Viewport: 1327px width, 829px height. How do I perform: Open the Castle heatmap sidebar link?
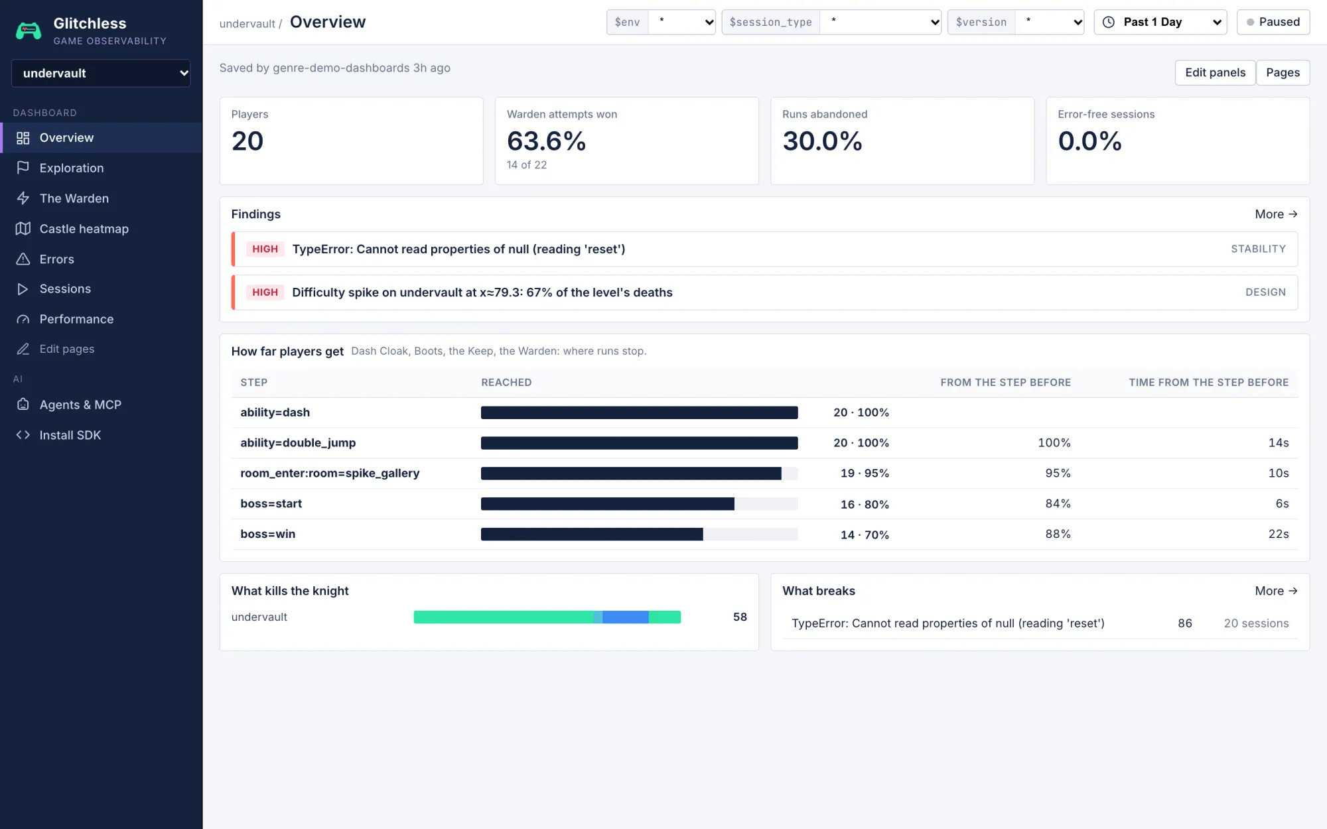(84, 229)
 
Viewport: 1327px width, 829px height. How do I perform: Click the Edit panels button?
(1215, 72)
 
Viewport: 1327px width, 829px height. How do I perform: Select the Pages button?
(1283, 72)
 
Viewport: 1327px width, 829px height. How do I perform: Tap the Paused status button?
(1273, 22)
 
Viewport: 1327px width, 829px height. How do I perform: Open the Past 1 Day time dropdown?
(1160, 22)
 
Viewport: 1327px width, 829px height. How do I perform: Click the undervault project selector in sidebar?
(101, 73)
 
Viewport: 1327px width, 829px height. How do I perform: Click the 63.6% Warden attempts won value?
(546, 141)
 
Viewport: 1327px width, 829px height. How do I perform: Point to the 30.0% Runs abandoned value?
(822, 141)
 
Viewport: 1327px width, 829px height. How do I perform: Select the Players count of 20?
(247, 141)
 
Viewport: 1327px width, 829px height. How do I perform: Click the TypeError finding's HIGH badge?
(265, 249)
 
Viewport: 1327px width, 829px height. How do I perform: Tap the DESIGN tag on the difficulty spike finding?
(1265, 292)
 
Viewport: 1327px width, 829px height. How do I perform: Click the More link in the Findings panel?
(1276, 214)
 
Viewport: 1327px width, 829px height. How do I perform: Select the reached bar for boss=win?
(592, 535)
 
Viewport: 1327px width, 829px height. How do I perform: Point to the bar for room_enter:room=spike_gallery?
(631, 474)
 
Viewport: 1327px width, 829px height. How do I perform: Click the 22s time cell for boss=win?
(1278, 534)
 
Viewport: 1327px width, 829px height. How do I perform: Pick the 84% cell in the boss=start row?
(1058, 503)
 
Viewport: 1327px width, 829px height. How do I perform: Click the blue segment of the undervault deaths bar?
(625, 617)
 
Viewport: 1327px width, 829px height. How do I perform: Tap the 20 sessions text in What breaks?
(1256, 623)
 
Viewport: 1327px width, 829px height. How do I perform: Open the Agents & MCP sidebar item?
(80, 405)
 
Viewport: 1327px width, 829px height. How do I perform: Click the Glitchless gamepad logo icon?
(29, 31)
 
